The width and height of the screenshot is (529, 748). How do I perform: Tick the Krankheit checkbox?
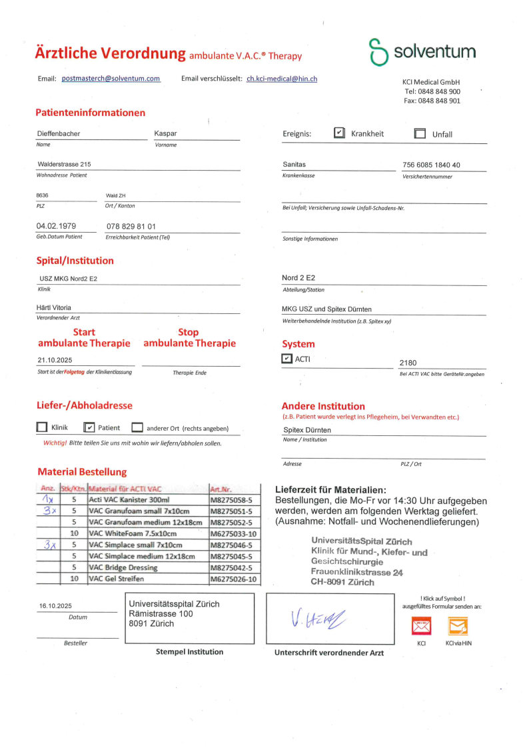(339, 133)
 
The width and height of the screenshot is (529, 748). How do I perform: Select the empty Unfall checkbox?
(420, 133)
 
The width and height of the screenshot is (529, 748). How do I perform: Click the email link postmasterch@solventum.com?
(111, 79)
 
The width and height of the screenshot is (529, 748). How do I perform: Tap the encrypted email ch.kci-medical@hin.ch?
(281, 79)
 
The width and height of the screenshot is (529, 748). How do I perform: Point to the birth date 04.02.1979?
(56, 226)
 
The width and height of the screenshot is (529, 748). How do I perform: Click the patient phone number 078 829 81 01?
(131, 227)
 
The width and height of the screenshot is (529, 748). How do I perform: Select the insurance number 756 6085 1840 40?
(431, 165)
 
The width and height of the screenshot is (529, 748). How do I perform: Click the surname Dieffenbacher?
(58, 133)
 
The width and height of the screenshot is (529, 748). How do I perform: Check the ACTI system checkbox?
(287, 359)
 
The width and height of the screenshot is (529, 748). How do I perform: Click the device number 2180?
(408, 363)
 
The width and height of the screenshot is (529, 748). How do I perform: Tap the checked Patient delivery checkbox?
(89, 427)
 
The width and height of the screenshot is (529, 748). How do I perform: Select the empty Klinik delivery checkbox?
(42, 427)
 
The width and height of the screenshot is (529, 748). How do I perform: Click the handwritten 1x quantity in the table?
(47, 499)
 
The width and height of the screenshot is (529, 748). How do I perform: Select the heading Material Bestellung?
(82, 471)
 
